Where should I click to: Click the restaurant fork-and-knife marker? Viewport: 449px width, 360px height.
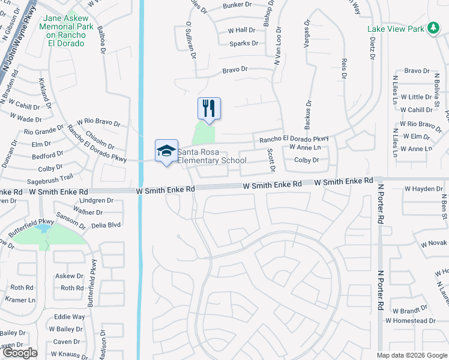click(209, 109)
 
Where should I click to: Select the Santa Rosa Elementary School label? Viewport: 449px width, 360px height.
click(211, 156)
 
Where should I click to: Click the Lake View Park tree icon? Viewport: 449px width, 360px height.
click(432, 28)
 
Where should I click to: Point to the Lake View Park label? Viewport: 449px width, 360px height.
click(396, 29)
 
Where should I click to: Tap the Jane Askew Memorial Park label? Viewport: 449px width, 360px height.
click(68, 26)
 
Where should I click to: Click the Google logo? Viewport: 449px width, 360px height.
click(20, 353)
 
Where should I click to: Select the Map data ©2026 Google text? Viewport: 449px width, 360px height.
click(412, 355)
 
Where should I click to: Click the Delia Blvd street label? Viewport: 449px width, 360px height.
click(106, 225)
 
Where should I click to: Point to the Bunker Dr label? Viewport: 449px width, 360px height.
click(237, 5)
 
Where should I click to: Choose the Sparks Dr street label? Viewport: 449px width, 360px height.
click(243, 43)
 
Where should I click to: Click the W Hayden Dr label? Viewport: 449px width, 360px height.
click(423, 188)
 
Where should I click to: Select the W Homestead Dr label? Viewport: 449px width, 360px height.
click(411, 320)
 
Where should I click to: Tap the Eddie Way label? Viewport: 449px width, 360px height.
click(69, 316)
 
